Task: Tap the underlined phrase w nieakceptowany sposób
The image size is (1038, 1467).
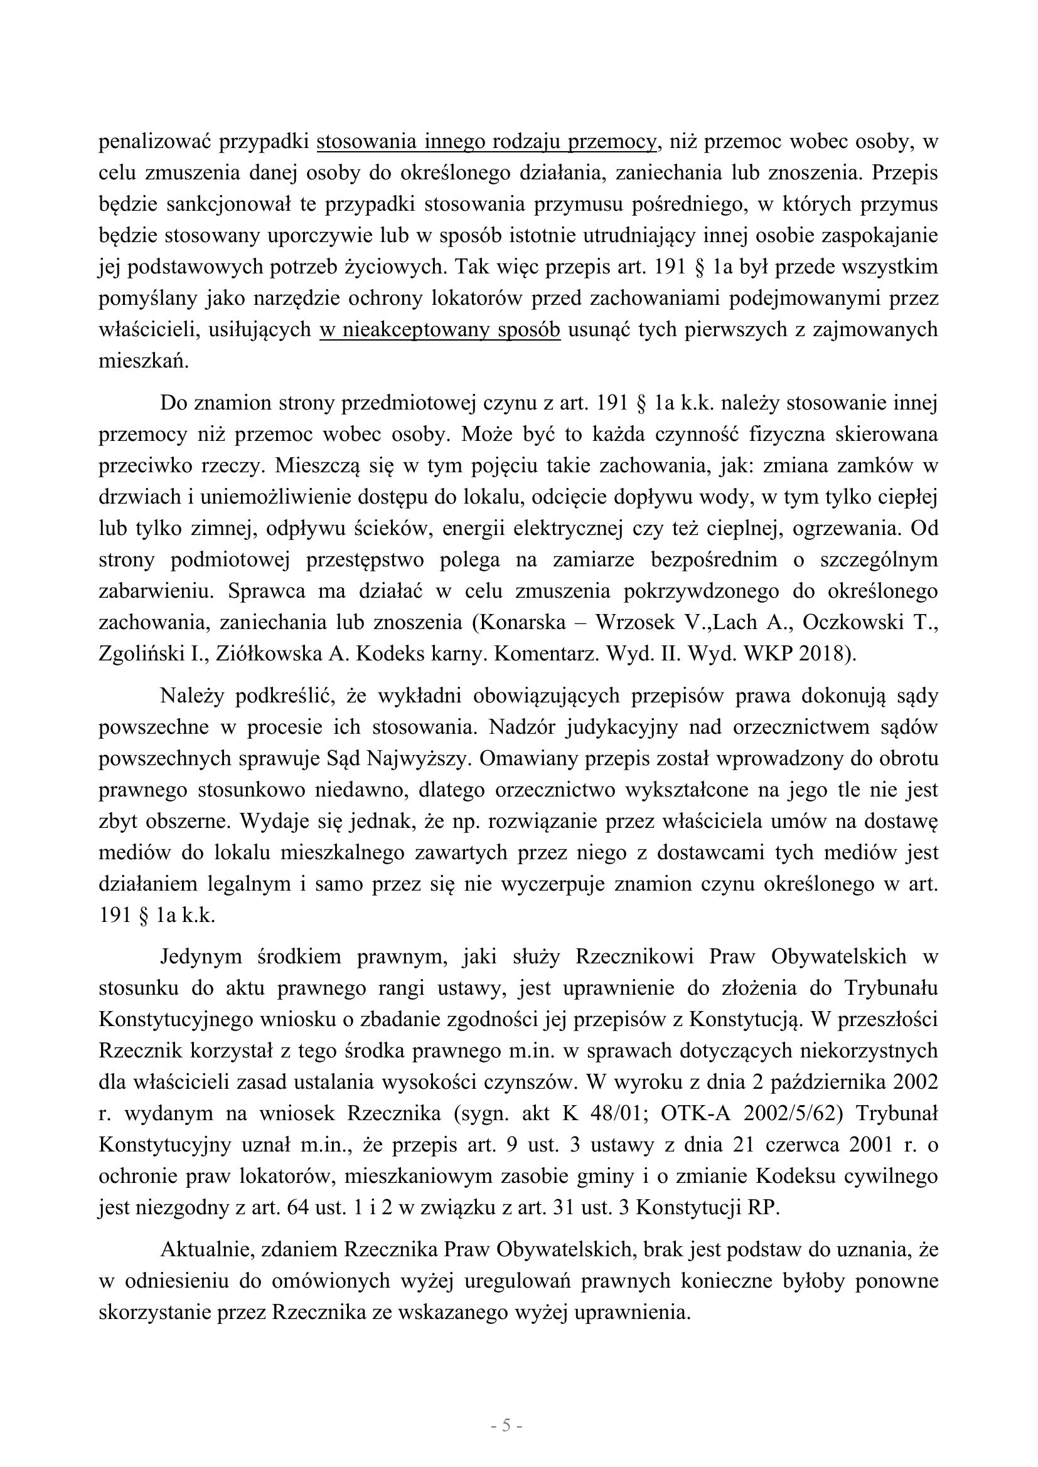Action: click(x=440, y=329)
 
